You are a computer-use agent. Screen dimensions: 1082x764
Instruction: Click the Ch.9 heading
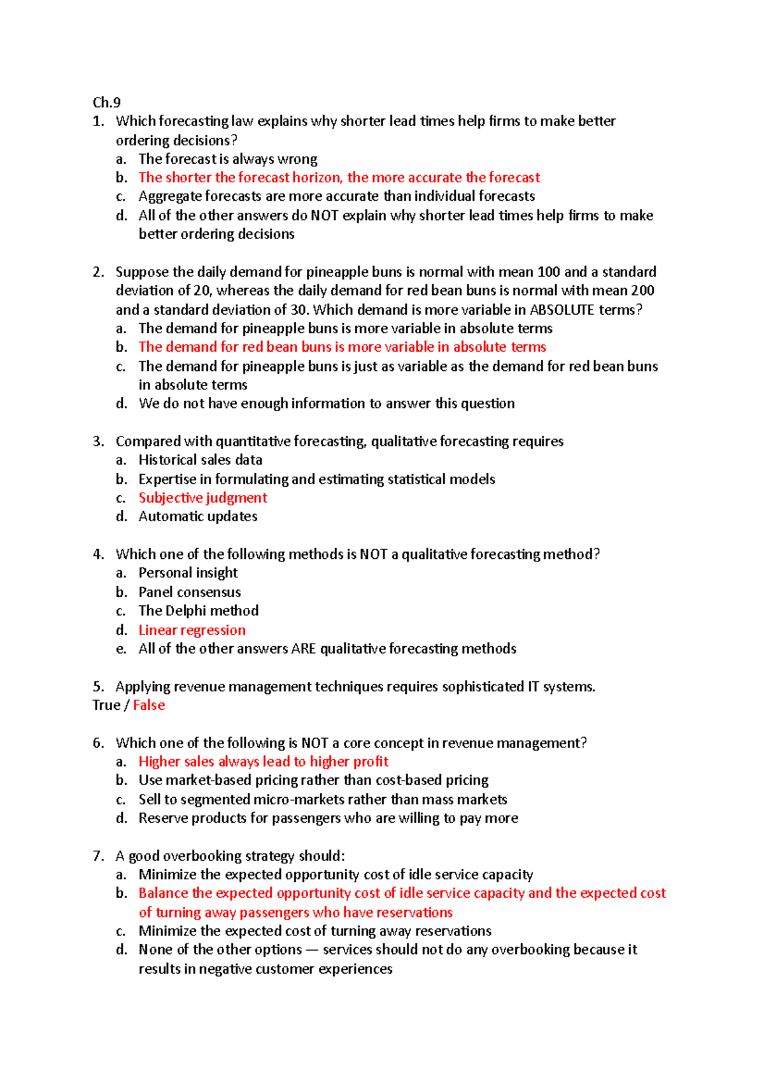pyautogui.click(x=106, y=103)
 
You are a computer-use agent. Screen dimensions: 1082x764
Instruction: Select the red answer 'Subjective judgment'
pyautogui.click(x=202, y=498)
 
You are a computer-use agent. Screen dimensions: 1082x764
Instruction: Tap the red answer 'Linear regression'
pyautogui.click(x=192, y=630)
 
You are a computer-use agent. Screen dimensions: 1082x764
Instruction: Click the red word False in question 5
pyautogui.click(x=149, y=705)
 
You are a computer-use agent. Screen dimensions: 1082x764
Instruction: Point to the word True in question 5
pyautogui.click(x=106, y=705)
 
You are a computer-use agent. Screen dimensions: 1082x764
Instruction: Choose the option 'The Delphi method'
pyautogui.click(x=198, y=611)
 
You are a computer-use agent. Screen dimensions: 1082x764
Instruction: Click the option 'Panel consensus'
pyautogui.click(x=189, y=593)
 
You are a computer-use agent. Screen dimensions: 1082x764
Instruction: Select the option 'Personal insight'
pyautogui.click(x=188, y=573)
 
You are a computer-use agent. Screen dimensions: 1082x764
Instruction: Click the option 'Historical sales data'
pyautogui.click(x=200, y=460)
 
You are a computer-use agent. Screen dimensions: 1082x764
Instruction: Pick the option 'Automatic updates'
pyautogui.click(x=197, y=517)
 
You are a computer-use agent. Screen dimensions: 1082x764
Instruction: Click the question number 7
pyautogui.click(x=98, y=856)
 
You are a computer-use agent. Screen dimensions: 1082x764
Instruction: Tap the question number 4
pyautogui.click(x=98, y=554)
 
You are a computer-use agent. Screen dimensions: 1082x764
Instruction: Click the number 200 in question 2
pyautogui.click(x=642, y=291)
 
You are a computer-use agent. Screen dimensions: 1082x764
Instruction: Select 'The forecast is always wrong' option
pyautogui.click(x=227, y=159)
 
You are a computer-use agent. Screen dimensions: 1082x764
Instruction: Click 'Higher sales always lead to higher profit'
pyautogui.click(x=263, y=762)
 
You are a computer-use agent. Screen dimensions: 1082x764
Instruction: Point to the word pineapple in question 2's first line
pyautogui.click(x=336, y=273)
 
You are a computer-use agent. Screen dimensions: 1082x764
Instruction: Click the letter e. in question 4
pyautogui.click(x=121, y=649)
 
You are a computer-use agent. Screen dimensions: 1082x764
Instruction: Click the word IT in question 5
pyautogui.click(x=534, y=687)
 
